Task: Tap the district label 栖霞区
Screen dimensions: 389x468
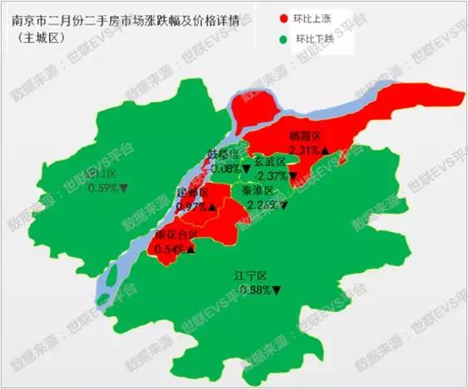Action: click(305, 136)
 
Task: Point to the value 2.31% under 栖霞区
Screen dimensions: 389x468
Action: click(306, 150)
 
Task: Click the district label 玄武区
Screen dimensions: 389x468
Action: click(270, 162)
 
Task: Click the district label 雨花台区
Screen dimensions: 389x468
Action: click(177, 235)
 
